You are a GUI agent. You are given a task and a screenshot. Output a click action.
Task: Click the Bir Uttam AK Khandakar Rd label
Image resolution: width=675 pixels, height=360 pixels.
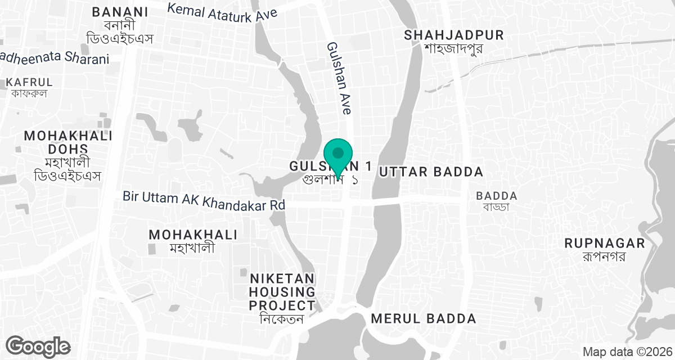click(204, 200)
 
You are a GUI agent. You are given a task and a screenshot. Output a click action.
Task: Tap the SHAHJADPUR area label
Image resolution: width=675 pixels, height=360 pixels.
click(454, 35)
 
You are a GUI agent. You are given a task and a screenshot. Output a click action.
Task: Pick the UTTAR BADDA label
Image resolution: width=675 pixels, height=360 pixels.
click(431, 172)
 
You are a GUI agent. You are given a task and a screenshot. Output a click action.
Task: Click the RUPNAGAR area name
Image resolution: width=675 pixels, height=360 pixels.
click(605, 244)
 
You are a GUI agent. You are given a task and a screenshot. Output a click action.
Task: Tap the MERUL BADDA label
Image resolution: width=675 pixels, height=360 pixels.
click(424, 319)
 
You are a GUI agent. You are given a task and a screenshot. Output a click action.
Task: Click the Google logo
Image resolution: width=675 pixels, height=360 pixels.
click(38, 345)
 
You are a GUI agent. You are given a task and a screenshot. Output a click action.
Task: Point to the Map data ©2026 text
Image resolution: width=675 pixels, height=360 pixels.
click(626, 352)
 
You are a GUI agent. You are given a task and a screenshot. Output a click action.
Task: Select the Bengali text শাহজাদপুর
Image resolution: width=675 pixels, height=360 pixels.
click(454, 48)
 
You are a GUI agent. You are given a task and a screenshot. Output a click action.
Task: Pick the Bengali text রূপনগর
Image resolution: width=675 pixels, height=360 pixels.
click(605, 257)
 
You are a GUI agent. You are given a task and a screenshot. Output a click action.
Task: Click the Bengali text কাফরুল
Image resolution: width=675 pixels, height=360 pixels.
click(29, 93)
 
